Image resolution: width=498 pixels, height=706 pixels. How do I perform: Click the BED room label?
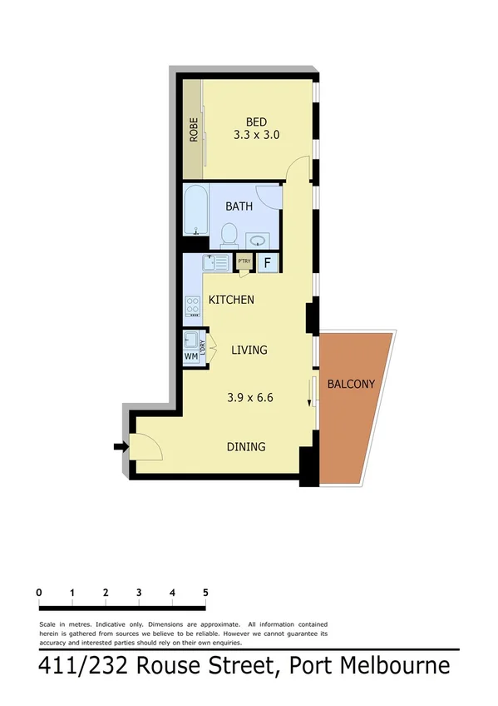(x=255, y=119)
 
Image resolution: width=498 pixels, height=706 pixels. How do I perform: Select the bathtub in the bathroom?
(x=196, y=211)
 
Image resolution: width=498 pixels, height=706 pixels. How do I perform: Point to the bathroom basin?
(x=259, y=239)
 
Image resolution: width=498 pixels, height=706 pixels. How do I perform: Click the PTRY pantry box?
(x=244, y=262)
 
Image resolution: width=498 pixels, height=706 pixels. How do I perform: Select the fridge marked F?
(x=268, y=263)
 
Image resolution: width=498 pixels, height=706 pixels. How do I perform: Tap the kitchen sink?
(x=215, y=263)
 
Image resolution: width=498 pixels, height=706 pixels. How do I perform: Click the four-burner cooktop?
(x=193, y=308)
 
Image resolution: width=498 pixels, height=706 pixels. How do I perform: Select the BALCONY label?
(x=351, y=384)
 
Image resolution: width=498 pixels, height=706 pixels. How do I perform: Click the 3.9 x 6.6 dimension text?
(x=250, y=398)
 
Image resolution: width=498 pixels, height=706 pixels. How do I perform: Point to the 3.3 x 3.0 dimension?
(x=255, y=133)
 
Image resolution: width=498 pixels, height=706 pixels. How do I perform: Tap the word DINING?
(x=246, y=447)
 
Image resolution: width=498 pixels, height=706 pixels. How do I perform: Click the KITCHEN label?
(x=231, y=300)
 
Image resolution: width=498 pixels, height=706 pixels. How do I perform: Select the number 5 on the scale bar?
(x=205, y=593)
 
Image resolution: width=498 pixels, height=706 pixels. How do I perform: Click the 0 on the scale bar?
(x=40, y=593)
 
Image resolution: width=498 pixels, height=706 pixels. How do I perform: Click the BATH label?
(x=239, y=206)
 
